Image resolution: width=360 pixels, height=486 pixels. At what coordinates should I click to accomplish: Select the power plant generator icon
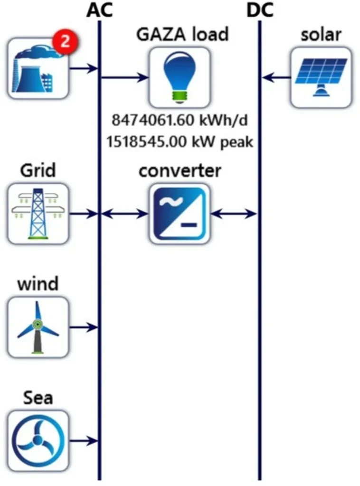(x=38, y=69)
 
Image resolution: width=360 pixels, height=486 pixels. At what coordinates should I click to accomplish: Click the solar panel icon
(x=321, y=76)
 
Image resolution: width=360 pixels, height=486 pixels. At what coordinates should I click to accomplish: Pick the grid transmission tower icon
(x=38, y=214)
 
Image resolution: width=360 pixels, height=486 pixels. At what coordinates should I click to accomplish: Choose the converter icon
(x=180, y=214)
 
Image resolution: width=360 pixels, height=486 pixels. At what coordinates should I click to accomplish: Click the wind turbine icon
(x=38, y=327)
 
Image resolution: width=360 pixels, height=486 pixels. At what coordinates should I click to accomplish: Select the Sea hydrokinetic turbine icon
(x=38, y=440)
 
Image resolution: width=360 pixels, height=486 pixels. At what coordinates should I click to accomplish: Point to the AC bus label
(x=99, y=10)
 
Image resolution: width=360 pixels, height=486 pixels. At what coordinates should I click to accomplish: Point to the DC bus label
(x=260, y=10)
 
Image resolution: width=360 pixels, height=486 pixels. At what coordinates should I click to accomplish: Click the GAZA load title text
(x=182, y=34)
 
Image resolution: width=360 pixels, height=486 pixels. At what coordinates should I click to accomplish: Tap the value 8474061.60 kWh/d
(x=180, y=121)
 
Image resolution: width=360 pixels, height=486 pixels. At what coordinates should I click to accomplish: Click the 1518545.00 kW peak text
(x=180, y=141)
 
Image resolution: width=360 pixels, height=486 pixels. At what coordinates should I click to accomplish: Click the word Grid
(x=38, y=170)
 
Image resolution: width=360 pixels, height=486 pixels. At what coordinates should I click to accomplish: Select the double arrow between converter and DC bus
(x=234, y=214)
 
